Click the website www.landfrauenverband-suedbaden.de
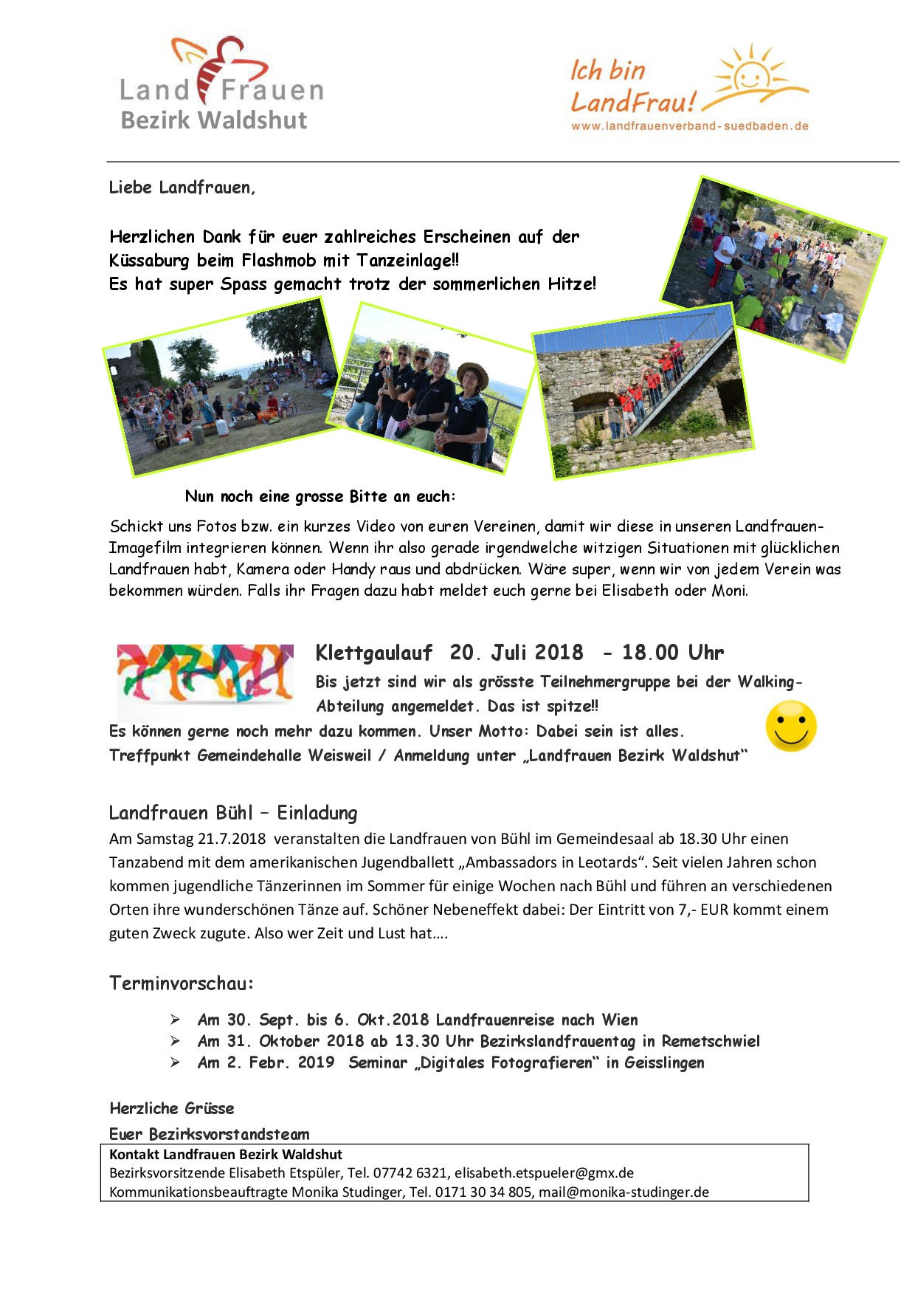point(689,126)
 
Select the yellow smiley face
point(791,726)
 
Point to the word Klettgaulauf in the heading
point(373,653)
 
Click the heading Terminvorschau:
point(182,983)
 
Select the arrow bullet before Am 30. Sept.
point(175,1020)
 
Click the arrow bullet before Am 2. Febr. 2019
point(175,1062)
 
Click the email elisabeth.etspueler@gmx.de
point(544,1173)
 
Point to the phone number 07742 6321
point(410,1173)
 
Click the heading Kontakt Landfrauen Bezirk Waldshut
point(226,1155)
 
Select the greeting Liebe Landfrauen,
point(182,188)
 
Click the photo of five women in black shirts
point(432,388)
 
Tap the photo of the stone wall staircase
point(642,391)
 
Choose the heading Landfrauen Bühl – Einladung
point(233,813)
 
